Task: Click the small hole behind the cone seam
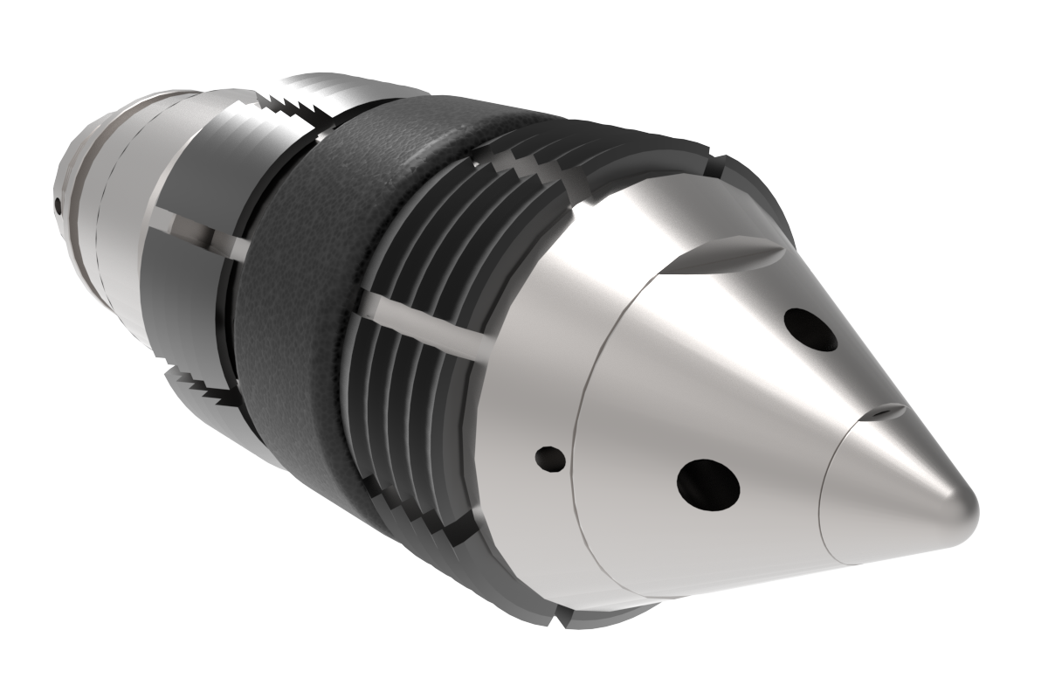(549, 457)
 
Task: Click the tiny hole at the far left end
(58, 206)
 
